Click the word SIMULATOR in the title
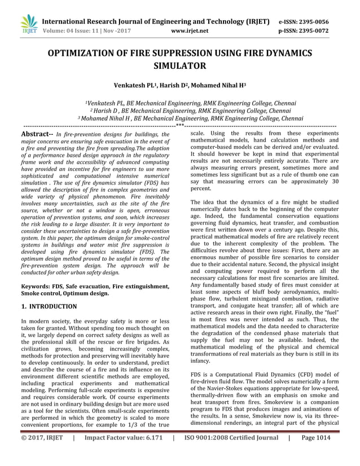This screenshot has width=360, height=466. tap(180, 66)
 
